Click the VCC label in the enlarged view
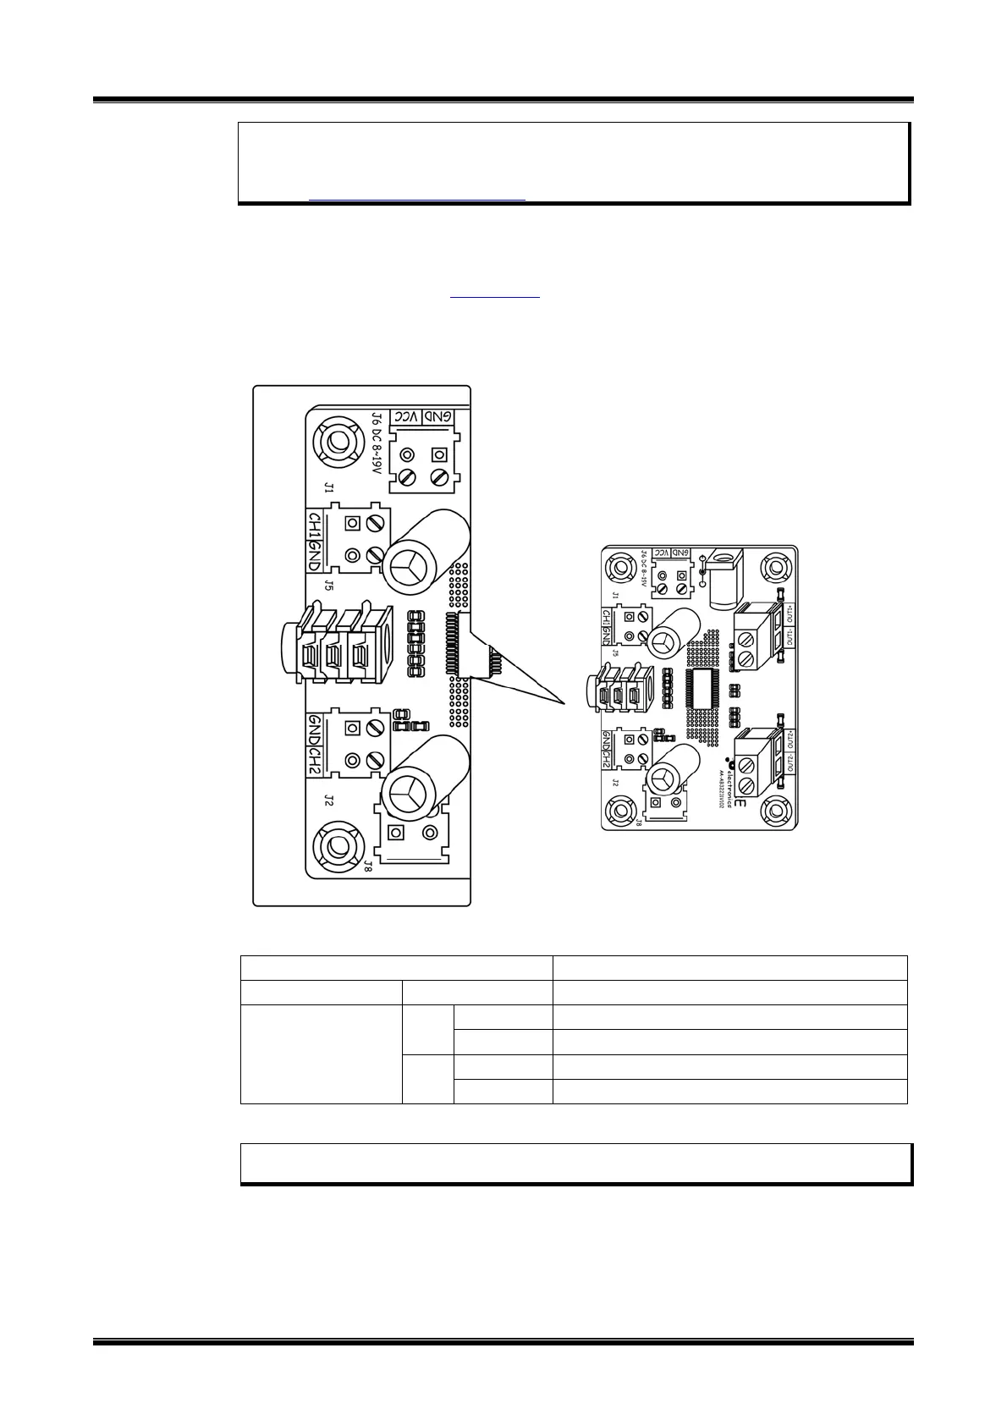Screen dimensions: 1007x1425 click(x=409, y=417)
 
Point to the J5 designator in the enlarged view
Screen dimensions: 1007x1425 click(x=329, y=585)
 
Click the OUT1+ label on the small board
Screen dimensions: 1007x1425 click(x=790, y=613)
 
